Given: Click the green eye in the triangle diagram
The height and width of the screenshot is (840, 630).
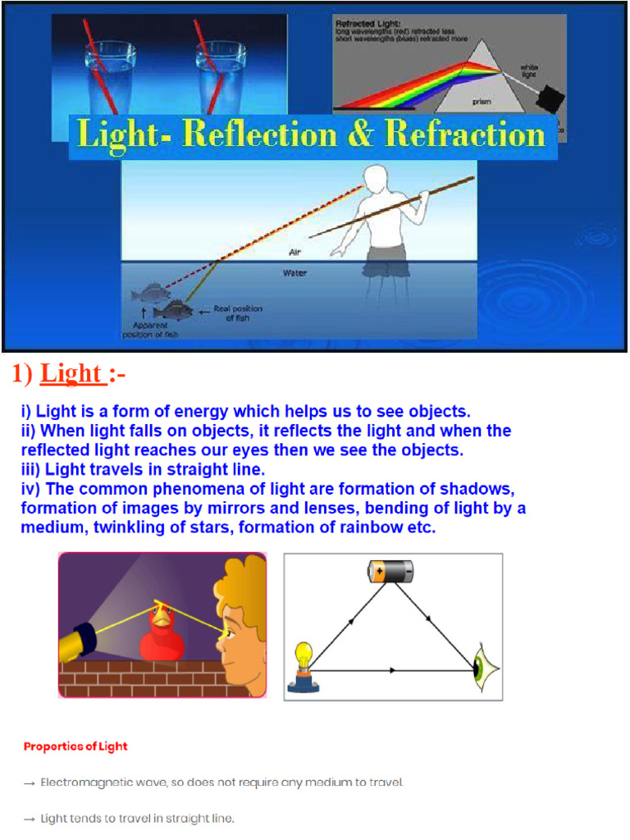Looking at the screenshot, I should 482,669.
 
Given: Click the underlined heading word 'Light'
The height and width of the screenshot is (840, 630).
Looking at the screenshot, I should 71,374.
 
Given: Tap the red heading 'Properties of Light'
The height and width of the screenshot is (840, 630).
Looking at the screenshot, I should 75,746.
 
